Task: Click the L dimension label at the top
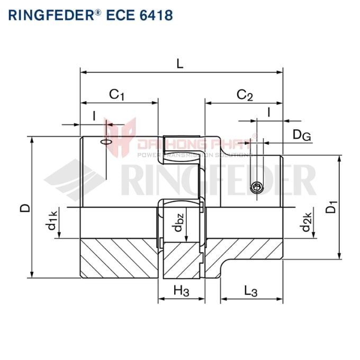[181, 64]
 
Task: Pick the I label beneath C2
[269, 112]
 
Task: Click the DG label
[301, 136]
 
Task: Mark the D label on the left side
[24, 208]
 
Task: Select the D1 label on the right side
[331, 207]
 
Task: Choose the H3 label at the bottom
[181, 291]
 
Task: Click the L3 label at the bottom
[250, 291]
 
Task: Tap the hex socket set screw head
[257, 187]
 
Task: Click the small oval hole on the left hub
[106, 141]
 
